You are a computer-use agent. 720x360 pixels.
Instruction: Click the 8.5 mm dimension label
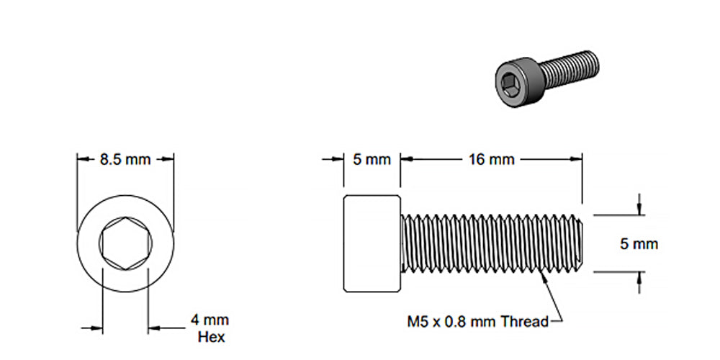coord(125,159)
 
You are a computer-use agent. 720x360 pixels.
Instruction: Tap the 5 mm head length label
coord(372,159)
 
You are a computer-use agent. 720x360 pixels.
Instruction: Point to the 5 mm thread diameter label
coord(639,244)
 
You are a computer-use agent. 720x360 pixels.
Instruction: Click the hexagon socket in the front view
coord(125,243)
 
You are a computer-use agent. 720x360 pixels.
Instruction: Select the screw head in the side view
coord(372,243)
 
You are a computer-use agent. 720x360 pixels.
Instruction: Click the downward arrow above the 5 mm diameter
coord(639,210)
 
